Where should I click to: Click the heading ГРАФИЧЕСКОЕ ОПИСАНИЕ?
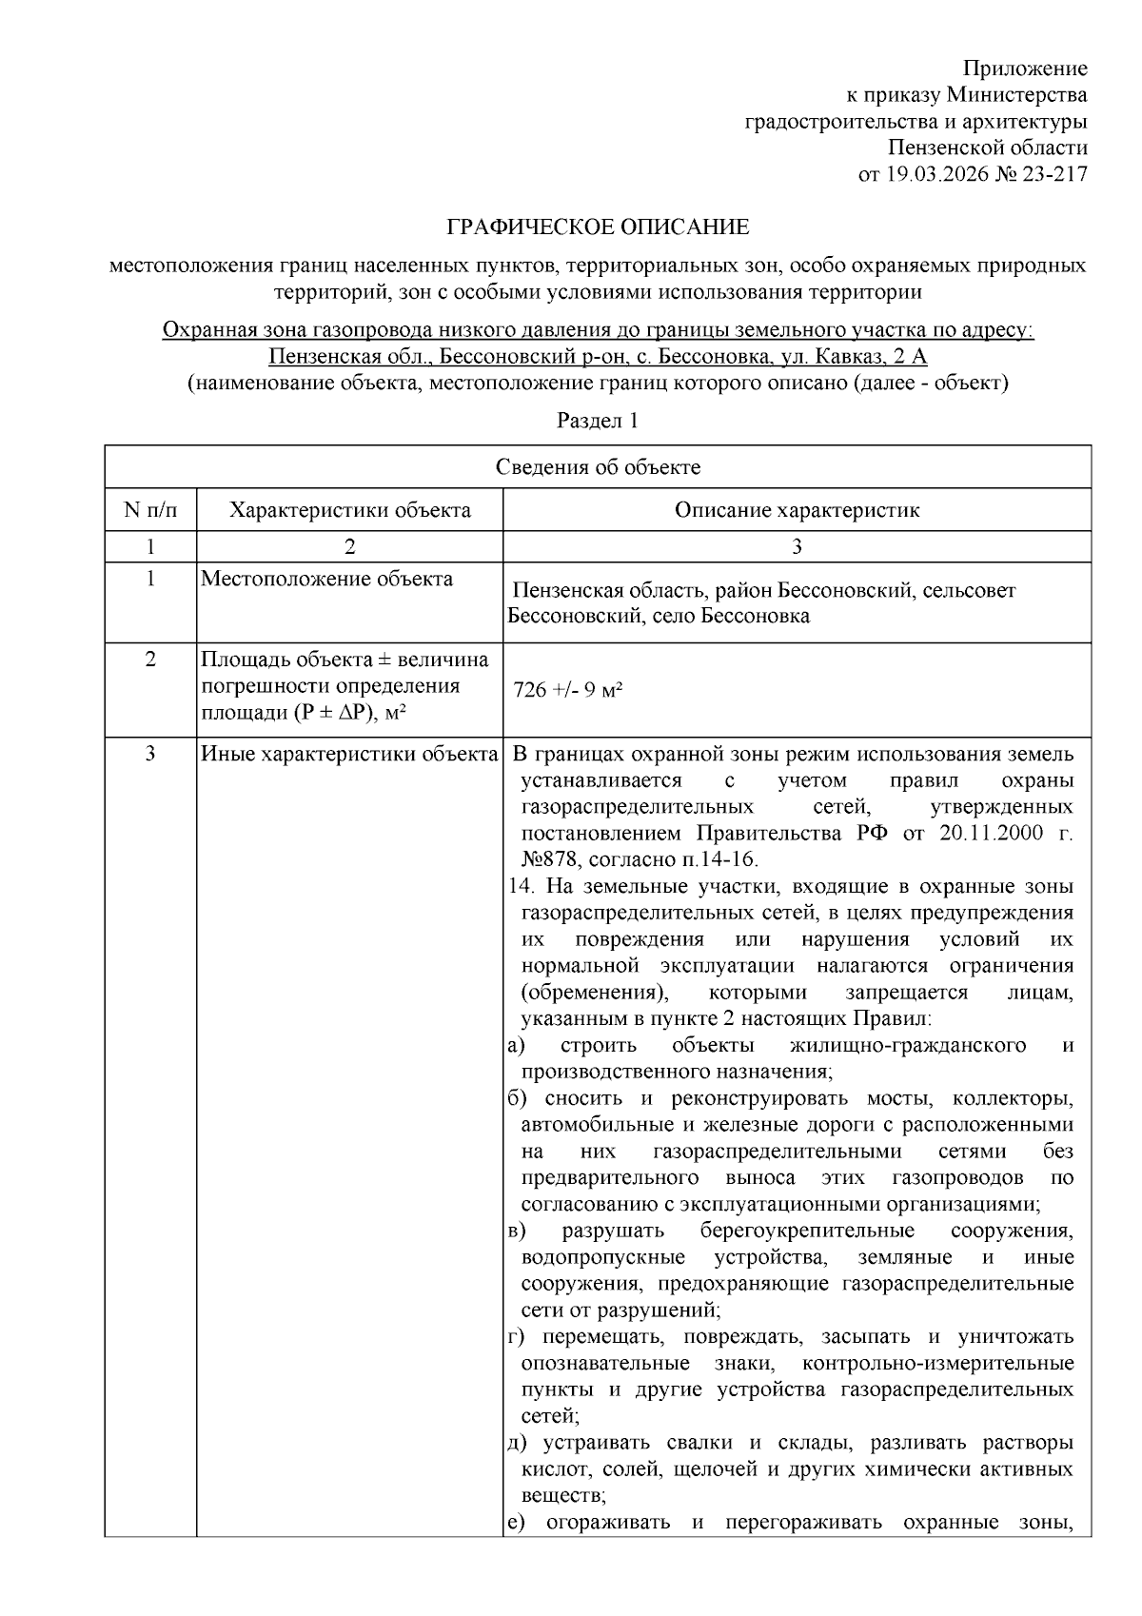click(598, 227)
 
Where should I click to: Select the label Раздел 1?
click(598, 421)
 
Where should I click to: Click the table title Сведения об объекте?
click(598, 467)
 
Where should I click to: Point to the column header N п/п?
click(150, 510)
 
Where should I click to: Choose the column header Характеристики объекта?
click(349, 510)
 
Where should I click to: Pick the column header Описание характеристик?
click(797, 510)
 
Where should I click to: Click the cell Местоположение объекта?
click(326, 580)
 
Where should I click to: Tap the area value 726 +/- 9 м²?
click(567, 690)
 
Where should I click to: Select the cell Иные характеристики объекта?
click(349, 755)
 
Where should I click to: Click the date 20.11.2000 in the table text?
click(989, 834)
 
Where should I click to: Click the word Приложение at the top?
click(1025, 69)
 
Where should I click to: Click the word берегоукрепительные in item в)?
click(807, 1231)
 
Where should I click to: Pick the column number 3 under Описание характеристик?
click(797, 546)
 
